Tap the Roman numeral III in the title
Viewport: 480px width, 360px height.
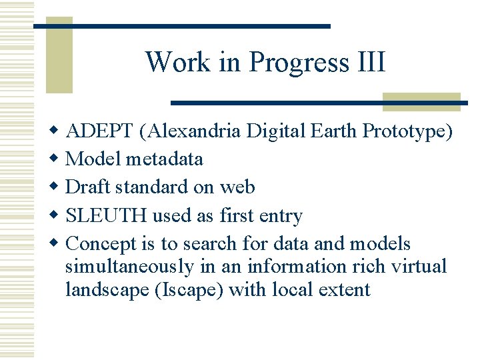(371, 62)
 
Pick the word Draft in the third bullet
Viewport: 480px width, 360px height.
(89, 187)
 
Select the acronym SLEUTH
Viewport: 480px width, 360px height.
(108, 215)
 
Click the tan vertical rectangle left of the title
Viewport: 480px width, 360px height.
(59, 57)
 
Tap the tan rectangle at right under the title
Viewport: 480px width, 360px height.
(421, 101)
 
